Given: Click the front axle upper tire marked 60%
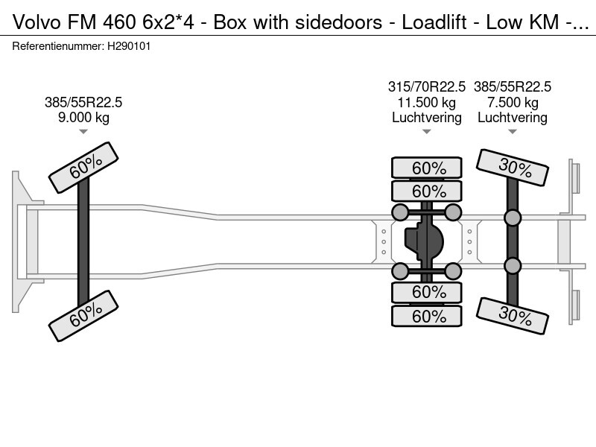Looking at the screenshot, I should (83, 169).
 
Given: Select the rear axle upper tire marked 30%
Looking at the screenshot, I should (513, 168).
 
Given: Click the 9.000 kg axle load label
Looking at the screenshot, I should (83, 117).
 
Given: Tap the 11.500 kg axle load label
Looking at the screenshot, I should (427, 103).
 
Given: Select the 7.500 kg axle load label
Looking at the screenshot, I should (513, 103).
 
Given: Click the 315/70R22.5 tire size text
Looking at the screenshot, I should (427, 87).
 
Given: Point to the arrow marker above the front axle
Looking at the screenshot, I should (83, 132).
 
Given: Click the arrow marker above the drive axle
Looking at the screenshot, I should (427, 132).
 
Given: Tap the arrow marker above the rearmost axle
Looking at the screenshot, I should (513, 132).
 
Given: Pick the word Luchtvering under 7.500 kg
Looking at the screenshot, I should (513, 118).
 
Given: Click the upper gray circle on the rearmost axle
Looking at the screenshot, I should (513, 218).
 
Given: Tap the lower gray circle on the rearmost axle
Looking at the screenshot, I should (513, 265).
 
